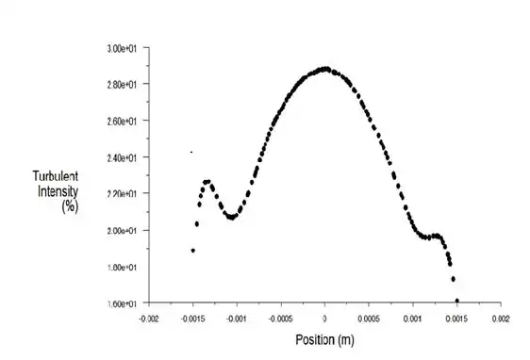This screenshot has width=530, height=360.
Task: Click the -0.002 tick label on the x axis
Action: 148,319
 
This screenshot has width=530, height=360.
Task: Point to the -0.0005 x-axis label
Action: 279,319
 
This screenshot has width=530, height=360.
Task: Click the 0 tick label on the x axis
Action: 325,319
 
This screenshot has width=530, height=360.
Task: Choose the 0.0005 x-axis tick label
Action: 370,319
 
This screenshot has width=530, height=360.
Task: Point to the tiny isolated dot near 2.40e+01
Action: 191,152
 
